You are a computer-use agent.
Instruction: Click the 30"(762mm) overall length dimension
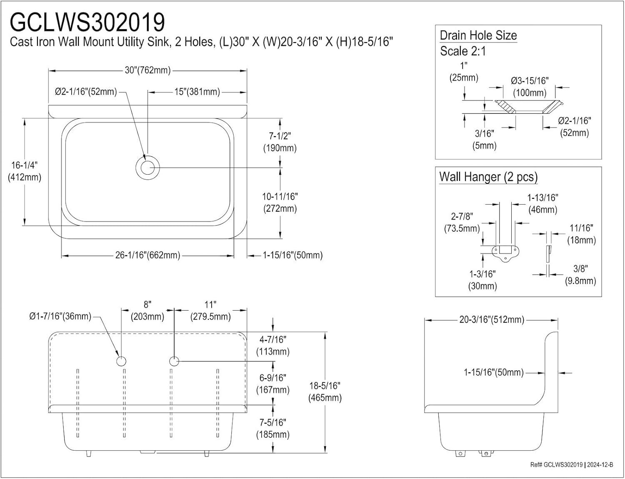[147, 70]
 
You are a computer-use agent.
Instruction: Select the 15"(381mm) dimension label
[197, 92]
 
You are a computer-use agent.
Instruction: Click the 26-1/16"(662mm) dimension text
[147, 255]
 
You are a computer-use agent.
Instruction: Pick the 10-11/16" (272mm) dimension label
[280, 202]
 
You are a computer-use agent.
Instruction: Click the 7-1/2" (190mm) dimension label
[280, 142]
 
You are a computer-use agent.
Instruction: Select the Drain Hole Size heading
[478, 35]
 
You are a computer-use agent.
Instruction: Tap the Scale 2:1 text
[463, 51]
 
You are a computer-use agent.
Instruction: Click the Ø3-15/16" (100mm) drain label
[530, 86]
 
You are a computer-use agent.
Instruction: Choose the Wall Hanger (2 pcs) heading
[488, 177]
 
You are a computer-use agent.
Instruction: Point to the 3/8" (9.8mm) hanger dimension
[580, 275]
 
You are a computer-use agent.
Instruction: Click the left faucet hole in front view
[121, 361]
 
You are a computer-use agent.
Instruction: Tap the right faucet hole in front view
[174, 361]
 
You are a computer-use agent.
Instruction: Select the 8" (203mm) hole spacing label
[147, 311]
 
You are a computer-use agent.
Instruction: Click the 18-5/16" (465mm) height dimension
[325, 391]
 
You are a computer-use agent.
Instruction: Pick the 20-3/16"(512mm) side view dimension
[492, 320]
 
